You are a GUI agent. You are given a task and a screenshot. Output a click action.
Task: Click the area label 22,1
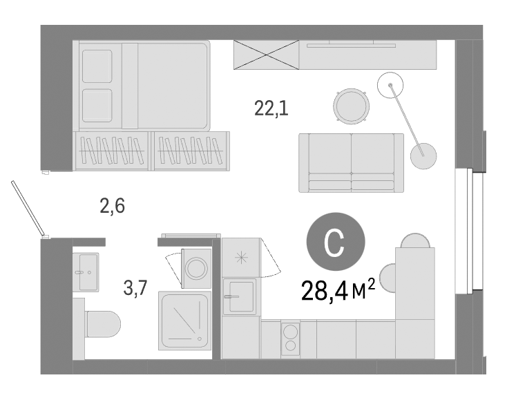(x=271, y=108)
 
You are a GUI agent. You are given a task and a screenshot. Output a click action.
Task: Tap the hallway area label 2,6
(x=112, y=206)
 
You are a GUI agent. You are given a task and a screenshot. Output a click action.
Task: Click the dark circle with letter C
(x=335, y=242)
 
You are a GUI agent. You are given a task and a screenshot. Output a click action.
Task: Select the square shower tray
(x=184, y=320)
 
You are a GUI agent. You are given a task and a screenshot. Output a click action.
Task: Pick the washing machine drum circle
(x=197, y=267)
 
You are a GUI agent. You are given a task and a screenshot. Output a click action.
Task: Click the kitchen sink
(x=239, y=296)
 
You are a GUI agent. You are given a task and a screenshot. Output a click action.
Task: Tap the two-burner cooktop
(x=291, y=338)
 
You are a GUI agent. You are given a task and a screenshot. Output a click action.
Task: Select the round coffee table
(x=350, y=105)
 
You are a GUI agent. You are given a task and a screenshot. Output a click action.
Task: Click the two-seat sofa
(x=351, y=162)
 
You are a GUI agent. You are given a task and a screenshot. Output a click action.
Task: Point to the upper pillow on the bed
(x=96, y=64)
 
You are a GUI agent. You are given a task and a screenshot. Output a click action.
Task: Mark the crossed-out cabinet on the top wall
(x=266, y=54)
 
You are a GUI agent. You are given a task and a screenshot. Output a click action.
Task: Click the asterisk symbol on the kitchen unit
(x=241, y=257)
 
